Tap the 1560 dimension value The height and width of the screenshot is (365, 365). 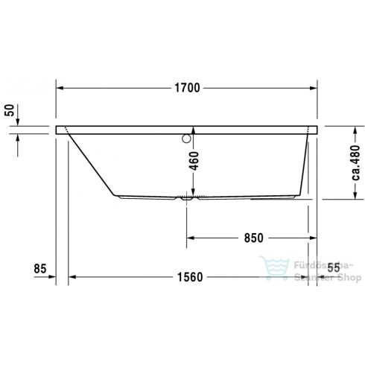(191, 277)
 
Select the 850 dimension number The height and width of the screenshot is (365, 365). (253, 238)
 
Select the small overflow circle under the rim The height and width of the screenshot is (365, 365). (185, 136)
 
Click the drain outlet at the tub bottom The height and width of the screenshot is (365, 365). (187, 199)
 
